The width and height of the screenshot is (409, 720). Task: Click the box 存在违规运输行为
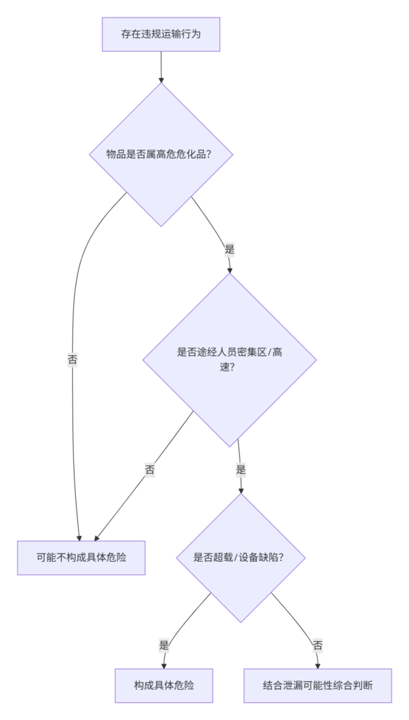(x=161, y=34)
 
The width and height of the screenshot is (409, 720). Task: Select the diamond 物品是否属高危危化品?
(x=161, y=154)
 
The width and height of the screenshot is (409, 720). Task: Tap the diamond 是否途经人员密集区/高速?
(x=230, y=359)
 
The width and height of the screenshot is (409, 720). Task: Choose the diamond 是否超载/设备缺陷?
(x=240, y=558)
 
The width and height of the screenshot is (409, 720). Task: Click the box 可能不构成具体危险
(x=82, y=558)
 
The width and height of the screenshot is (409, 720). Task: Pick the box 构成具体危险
(x=164, y=686)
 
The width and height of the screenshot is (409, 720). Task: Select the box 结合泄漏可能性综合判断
(x=318, y=686)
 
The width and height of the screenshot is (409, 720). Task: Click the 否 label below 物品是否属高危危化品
(x=72, y=359)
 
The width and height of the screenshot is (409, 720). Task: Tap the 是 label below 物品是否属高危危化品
(x=230, y=250)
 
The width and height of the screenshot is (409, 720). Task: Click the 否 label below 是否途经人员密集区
(x=150, y=470)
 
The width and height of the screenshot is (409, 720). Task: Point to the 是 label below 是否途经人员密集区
(x=240, y=470)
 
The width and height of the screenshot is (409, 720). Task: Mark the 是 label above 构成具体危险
(x=164, y=645)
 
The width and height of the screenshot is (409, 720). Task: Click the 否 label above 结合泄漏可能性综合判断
(x=318, y=645)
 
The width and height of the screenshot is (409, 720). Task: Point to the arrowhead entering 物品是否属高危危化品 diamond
(x=161, y=80)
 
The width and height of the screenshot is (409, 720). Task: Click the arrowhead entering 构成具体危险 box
(x=164, y=666)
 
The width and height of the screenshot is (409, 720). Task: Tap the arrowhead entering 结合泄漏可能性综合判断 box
(x=318, y=666)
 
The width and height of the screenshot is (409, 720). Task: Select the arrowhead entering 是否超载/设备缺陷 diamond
(x=240, y=490)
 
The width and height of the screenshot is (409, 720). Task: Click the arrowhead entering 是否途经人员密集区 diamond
(x=230, y=270)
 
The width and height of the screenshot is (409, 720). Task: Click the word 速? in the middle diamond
(x=228, y=367)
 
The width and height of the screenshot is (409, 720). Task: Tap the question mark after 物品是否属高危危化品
(x=209, y=154)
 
